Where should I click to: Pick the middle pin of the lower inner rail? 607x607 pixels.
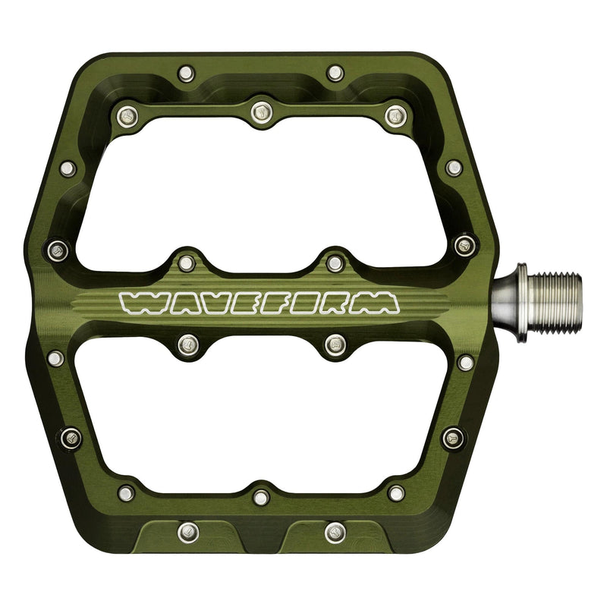tap(262, 497)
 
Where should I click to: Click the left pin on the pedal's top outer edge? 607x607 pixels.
tap(185, 74)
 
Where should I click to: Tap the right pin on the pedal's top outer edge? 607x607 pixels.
tap(335, 74)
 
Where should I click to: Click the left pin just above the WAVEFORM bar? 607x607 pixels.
tap(185, 263)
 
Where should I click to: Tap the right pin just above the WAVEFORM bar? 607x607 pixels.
tap(335, 263)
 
